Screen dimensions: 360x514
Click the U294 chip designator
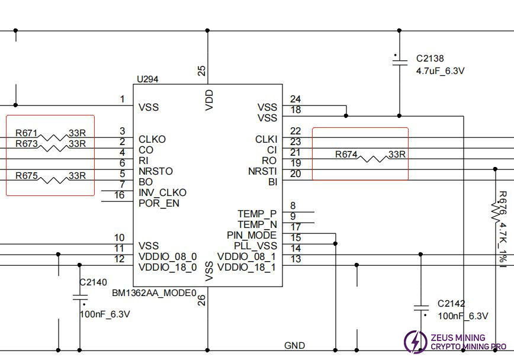[147, 79]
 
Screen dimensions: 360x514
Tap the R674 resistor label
[346, 155]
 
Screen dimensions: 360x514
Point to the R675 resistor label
[27, 176]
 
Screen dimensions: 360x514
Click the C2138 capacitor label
[430, 59]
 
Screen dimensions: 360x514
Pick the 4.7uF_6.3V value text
[441, 70]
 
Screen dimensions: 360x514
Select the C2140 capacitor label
[94, 282]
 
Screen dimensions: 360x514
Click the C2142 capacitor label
[451, 304]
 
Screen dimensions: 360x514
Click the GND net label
[294, 346]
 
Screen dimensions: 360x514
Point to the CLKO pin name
[152, 139]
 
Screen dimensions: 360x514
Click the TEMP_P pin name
[257, 214]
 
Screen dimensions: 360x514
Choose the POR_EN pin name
[159, 203]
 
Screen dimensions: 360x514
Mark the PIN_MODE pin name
[252, 235]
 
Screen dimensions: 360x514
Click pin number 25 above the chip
[202, 71]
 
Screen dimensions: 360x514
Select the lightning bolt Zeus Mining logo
[415, 342]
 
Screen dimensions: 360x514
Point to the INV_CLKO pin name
[162, 192]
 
